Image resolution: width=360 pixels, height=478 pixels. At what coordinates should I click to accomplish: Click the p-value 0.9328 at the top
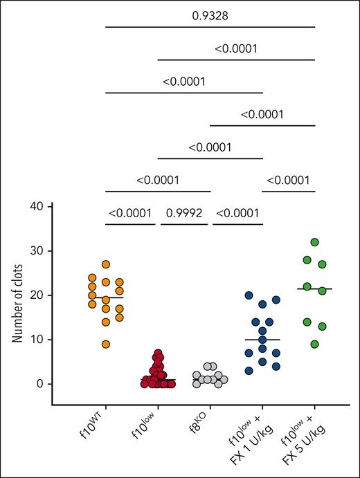[210, 14]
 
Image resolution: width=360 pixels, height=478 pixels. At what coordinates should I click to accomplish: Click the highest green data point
[315, 242]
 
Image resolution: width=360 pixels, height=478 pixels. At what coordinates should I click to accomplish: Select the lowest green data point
[316, 344]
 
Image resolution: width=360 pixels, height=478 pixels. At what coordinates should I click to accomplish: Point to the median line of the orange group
[106, 298]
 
